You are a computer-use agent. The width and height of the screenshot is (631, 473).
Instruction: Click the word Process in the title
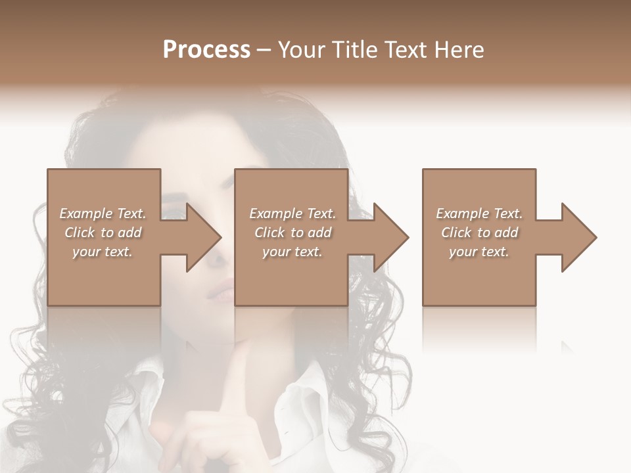[206, 50]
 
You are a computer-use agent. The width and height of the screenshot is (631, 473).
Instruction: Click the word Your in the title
[302, 50]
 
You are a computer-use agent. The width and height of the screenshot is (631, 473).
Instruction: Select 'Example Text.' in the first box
[103, 214]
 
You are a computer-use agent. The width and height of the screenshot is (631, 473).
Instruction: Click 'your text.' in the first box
[103, 252]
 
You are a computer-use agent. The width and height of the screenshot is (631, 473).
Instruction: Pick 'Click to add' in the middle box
[292, 233]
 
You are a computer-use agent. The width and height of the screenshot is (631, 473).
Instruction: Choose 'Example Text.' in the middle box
[292, 214]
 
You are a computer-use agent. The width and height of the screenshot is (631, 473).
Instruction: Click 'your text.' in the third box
[479, 252]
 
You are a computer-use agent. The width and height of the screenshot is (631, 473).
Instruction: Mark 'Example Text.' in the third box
[479, 214]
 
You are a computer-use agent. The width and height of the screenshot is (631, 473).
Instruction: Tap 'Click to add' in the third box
[479, 233]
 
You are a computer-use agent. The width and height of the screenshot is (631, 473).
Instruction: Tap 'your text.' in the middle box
[292, 252]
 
